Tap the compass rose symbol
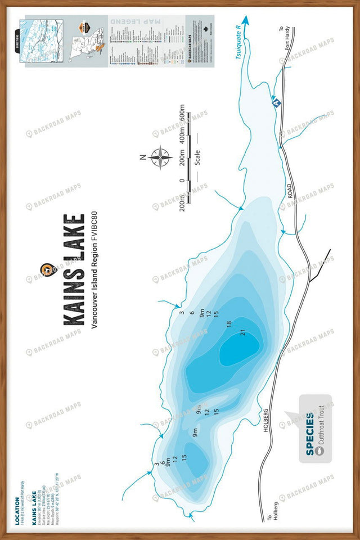pyautogui.click(x=161, y=157)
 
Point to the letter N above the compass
pyautogui.click(x=143, y=157)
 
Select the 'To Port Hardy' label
pyautogui.click(x=283, y=39)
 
